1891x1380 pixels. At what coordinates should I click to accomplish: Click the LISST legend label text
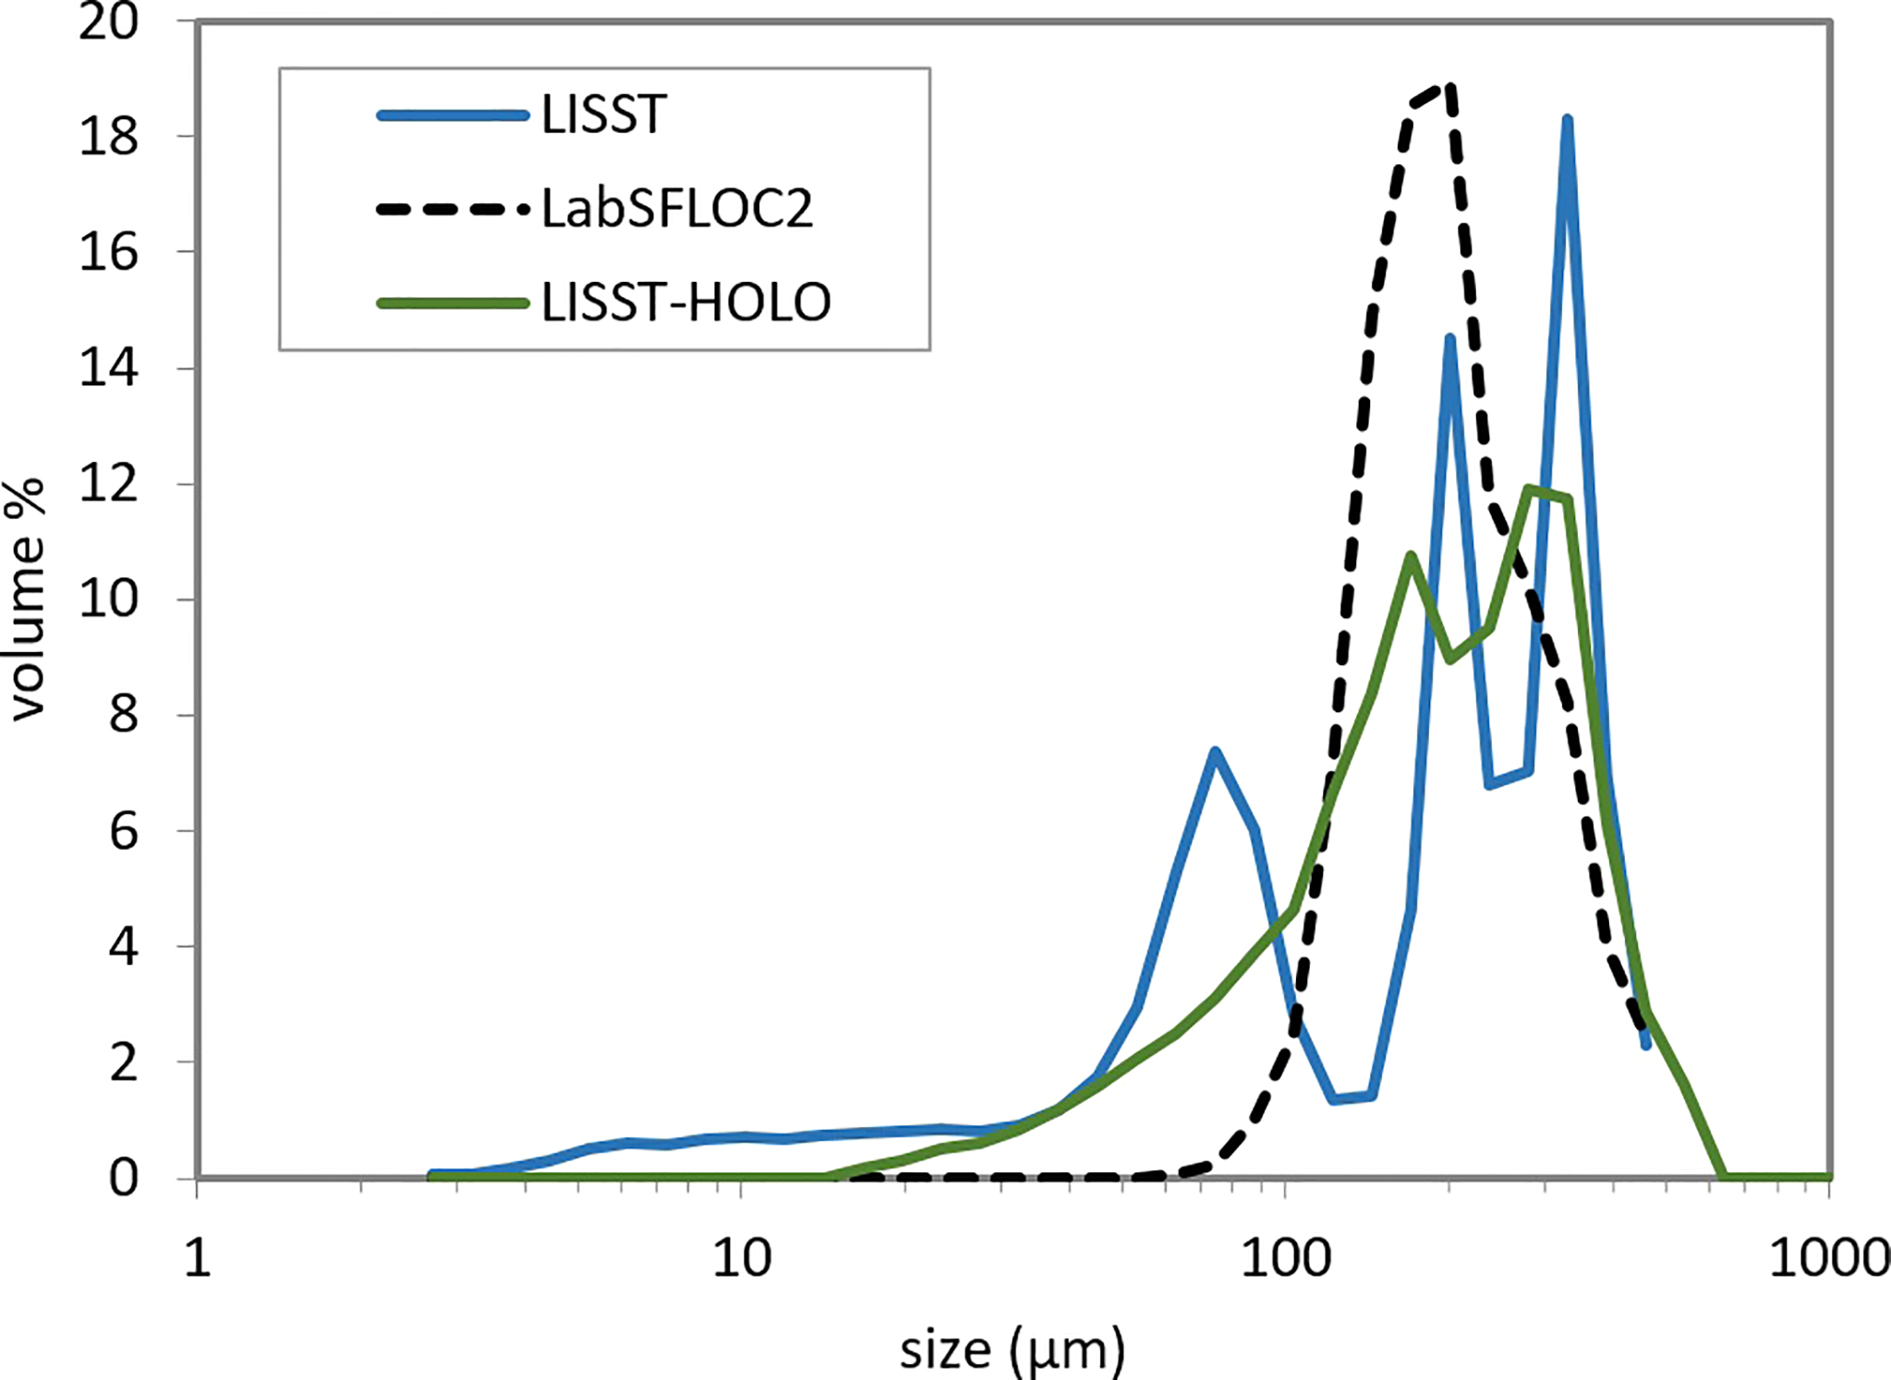(x=603, y=115)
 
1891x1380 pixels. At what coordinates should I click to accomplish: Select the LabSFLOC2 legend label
(x=677, y=209)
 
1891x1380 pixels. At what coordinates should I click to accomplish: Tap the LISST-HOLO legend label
(x=686, y=302)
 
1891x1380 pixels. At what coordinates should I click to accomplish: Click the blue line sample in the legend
(x=453, y=115)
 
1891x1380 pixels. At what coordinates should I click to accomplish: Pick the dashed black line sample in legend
(x=453, y=209)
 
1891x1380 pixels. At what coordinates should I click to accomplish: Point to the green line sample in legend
(x=453, y=302)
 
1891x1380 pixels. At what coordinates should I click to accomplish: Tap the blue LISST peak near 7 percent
(x=1216, y=753)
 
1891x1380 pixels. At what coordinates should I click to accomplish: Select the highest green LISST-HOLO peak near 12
(x=1530, y=489)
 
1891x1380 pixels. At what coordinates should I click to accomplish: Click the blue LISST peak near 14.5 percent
(x=1449, y=340)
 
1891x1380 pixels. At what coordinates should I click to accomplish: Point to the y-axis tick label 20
(x=108, y=22)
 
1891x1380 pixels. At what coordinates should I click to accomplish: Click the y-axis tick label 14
(x=108, y=369)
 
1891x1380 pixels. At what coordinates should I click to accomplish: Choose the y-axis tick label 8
(x=124, y=715)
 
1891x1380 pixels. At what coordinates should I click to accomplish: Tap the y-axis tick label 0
(x=124, y=1179)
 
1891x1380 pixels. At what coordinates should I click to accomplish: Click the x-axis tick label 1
(x=198, y=1258)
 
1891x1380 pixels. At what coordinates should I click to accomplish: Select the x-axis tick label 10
(x=741, y=1258)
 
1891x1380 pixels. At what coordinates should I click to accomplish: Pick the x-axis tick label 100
(x=1285, y=1258)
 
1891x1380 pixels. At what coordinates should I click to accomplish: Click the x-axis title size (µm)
(x=1012, y=1350)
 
